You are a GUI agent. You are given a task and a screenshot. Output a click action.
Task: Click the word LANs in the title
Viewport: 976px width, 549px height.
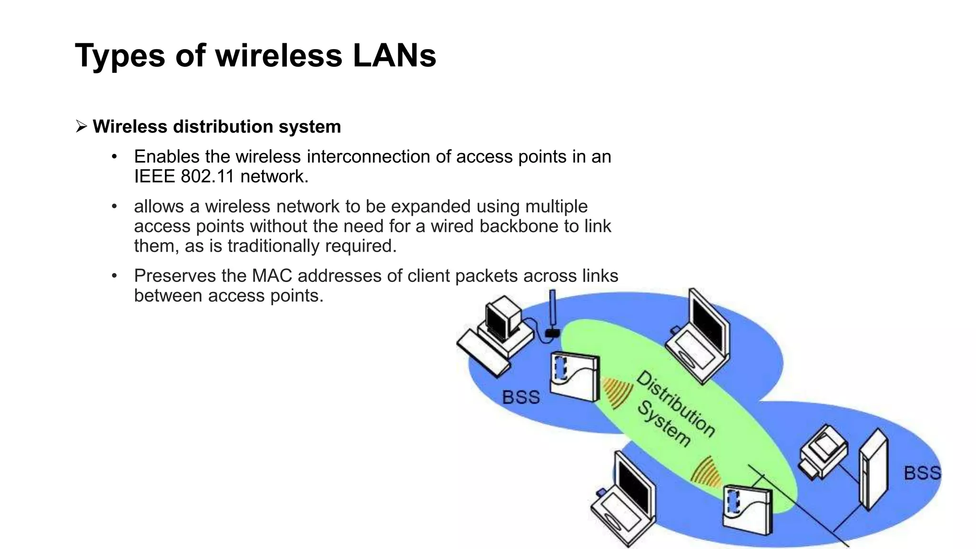point(394,56)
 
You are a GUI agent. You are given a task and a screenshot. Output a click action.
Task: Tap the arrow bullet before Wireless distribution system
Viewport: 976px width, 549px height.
point(81,127)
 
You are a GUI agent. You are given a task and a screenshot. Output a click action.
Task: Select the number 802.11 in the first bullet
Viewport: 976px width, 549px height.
point(208,177)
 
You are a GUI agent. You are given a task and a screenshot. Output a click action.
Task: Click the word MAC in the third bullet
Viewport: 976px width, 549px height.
point(272,276)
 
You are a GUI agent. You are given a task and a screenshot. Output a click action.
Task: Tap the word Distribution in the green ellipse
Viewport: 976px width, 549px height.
point(676,404)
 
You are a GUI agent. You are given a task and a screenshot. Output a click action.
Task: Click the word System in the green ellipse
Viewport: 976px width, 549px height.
point(664,424)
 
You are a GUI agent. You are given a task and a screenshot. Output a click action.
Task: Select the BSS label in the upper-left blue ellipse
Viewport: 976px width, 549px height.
point(521,397)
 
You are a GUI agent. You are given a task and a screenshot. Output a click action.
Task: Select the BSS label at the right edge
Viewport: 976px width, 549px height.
point(922,473)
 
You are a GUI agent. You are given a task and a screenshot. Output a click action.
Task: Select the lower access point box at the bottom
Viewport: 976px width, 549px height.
point(746,510)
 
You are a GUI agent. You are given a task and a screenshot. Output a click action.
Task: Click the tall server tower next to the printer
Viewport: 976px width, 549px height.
point(873,470)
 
